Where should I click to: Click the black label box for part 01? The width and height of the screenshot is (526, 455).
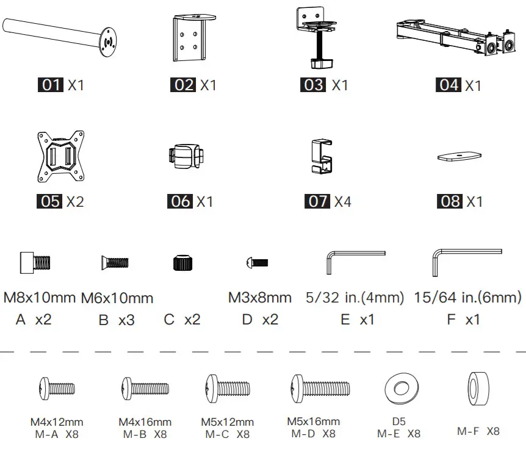coord(50,85)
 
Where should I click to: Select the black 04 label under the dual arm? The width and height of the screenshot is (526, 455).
coord(449,85)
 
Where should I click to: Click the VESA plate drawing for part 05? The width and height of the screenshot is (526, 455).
coord(61,156)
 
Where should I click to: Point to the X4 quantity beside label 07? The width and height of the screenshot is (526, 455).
coord(342,201)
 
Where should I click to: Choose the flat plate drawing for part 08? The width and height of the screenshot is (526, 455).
coord(459,156)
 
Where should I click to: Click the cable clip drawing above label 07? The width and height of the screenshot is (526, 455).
coord(322,156)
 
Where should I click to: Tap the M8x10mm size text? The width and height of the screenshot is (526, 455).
coord(40,298)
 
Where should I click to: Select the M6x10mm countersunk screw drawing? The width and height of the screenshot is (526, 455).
coord(115,262)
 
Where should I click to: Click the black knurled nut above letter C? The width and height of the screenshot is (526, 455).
coord(183,262)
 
